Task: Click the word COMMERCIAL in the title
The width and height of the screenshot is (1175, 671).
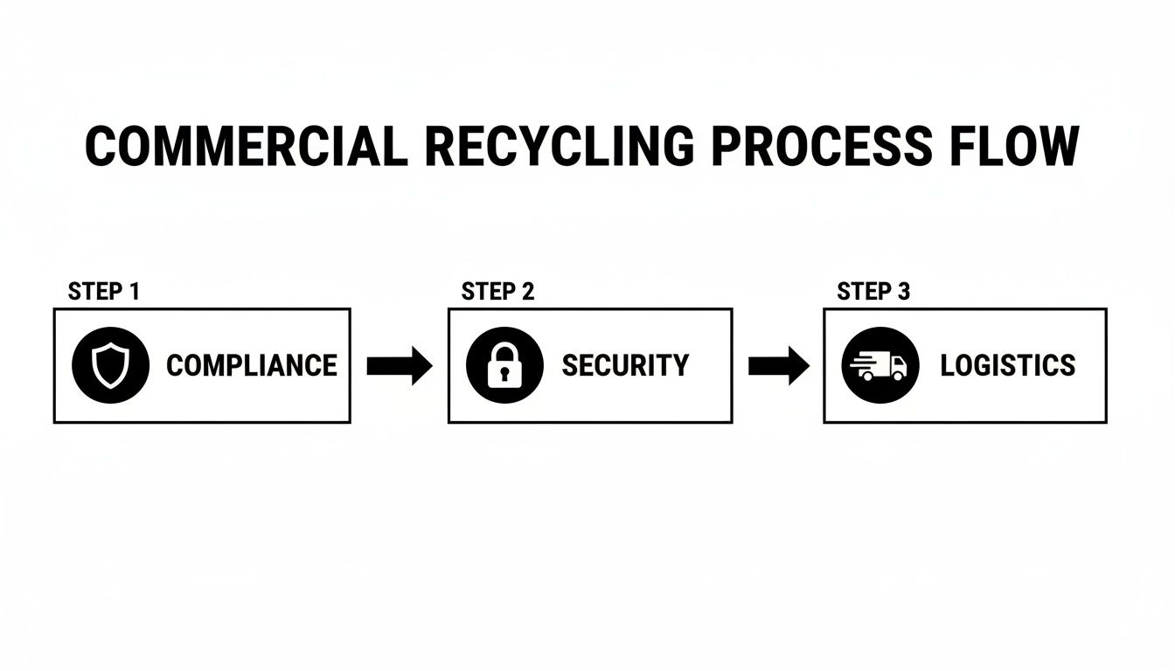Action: click(x=246, y=146)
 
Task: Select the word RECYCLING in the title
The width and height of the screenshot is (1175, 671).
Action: click(x=559, y=146)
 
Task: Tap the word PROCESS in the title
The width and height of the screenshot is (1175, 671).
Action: click(x=821, y=146)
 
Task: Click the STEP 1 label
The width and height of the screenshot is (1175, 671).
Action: click(x=103, y=292)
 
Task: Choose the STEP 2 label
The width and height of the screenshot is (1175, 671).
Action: click(x=497, y=292)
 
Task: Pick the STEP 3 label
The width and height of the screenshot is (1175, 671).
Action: click(x=873, y=292)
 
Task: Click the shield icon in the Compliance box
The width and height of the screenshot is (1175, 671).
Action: click(x=110, y=365)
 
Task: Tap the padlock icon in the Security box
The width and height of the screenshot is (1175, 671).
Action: click(x=504, y=365)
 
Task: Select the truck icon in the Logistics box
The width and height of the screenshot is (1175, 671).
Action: click(x=880, y=365)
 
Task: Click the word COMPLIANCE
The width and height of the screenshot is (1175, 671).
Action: click(x=252, y=365)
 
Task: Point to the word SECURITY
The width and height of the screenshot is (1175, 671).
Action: click(x=625, y=365)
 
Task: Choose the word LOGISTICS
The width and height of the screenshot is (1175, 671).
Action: click(x=1008, y=365)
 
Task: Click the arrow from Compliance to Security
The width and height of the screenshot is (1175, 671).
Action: click(x=399, y=366)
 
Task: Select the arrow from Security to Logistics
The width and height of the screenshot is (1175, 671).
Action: click(x=779, y=366)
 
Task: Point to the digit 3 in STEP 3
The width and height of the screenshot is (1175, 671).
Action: click(x=903, y=292)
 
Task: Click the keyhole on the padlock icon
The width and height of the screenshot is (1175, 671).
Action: click(x=504, y=374)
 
